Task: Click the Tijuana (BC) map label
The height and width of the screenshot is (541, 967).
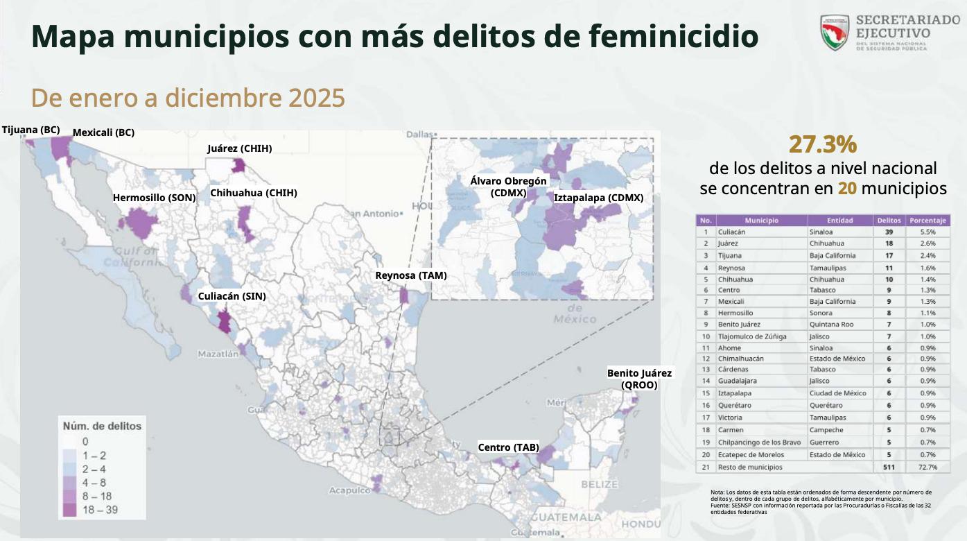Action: [x=31, y=130]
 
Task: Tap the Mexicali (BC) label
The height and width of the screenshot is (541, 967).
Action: [x=103, y=132]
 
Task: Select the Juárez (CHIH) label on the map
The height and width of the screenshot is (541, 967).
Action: [x=240, y=148]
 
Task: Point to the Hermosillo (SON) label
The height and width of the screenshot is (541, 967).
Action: [x=154, y=198]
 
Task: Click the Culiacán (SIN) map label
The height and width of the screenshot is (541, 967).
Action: [x=232, y=296]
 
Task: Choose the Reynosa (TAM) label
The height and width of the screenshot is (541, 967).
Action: [x=411, y=275]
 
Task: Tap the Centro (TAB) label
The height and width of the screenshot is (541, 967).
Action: [x=508, y=447]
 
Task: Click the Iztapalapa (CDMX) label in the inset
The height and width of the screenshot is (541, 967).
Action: [x=599, y=198]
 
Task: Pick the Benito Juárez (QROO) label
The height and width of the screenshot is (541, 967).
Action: [x=639, y=379]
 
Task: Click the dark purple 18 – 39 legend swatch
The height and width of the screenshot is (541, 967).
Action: [x=69, y=510]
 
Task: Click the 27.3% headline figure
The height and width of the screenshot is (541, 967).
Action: [x=823, y=145]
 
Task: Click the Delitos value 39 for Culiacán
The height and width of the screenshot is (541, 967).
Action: [x=889, y=232]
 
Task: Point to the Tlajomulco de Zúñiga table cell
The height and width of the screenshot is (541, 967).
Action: [x=752, y=336]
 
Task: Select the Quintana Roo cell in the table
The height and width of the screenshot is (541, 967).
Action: [x=831, y=325]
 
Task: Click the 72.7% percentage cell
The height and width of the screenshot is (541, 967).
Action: [x=927, y=467]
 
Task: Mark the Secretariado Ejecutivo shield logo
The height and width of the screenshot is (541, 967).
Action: [x=835, y=33]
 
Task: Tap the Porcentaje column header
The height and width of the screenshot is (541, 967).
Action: [x=927, y=221]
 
